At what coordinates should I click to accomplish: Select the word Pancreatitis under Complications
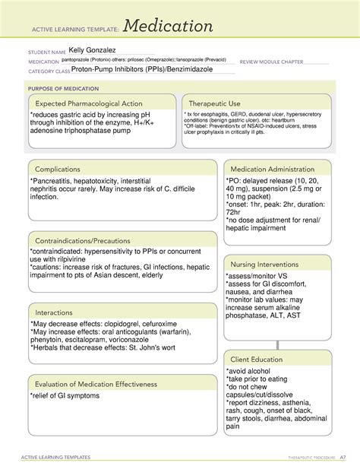56,181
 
